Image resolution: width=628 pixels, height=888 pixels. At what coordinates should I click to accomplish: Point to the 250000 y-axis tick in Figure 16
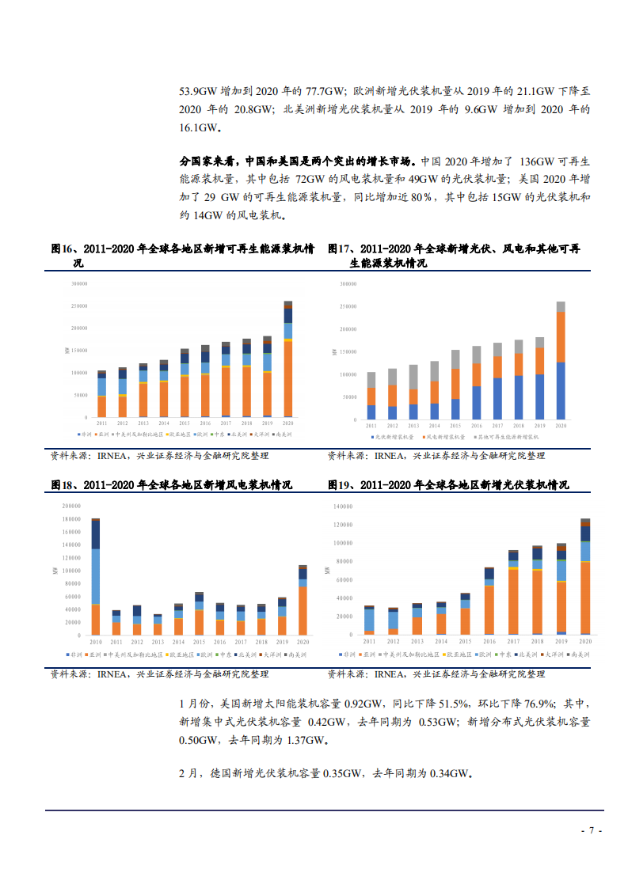pos(79,305)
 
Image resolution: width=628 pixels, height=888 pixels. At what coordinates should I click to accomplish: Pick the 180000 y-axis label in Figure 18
pos(70,518)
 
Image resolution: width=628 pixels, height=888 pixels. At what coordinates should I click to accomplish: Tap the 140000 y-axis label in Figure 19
pos(342,506)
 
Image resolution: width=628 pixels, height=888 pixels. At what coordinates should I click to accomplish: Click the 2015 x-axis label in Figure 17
pos(455,426)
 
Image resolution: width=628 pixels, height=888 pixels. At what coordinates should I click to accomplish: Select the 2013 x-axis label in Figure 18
pos(158,642)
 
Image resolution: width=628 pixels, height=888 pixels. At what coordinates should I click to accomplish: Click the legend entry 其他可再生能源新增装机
pos(507,437)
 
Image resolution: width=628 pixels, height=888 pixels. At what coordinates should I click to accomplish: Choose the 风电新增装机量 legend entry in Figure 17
pos(444,437)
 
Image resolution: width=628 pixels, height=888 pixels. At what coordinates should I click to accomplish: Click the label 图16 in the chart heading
pos(63,249)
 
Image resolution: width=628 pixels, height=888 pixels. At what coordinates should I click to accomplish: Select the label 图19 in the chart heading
pos(339,484)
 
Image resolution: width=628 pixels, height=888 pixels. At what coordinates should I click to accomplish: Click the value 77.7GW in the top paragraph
pos(326,91)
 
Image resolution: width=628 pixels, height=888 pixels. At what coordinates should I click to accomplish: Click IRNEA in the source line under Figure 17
pos(388,456)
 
